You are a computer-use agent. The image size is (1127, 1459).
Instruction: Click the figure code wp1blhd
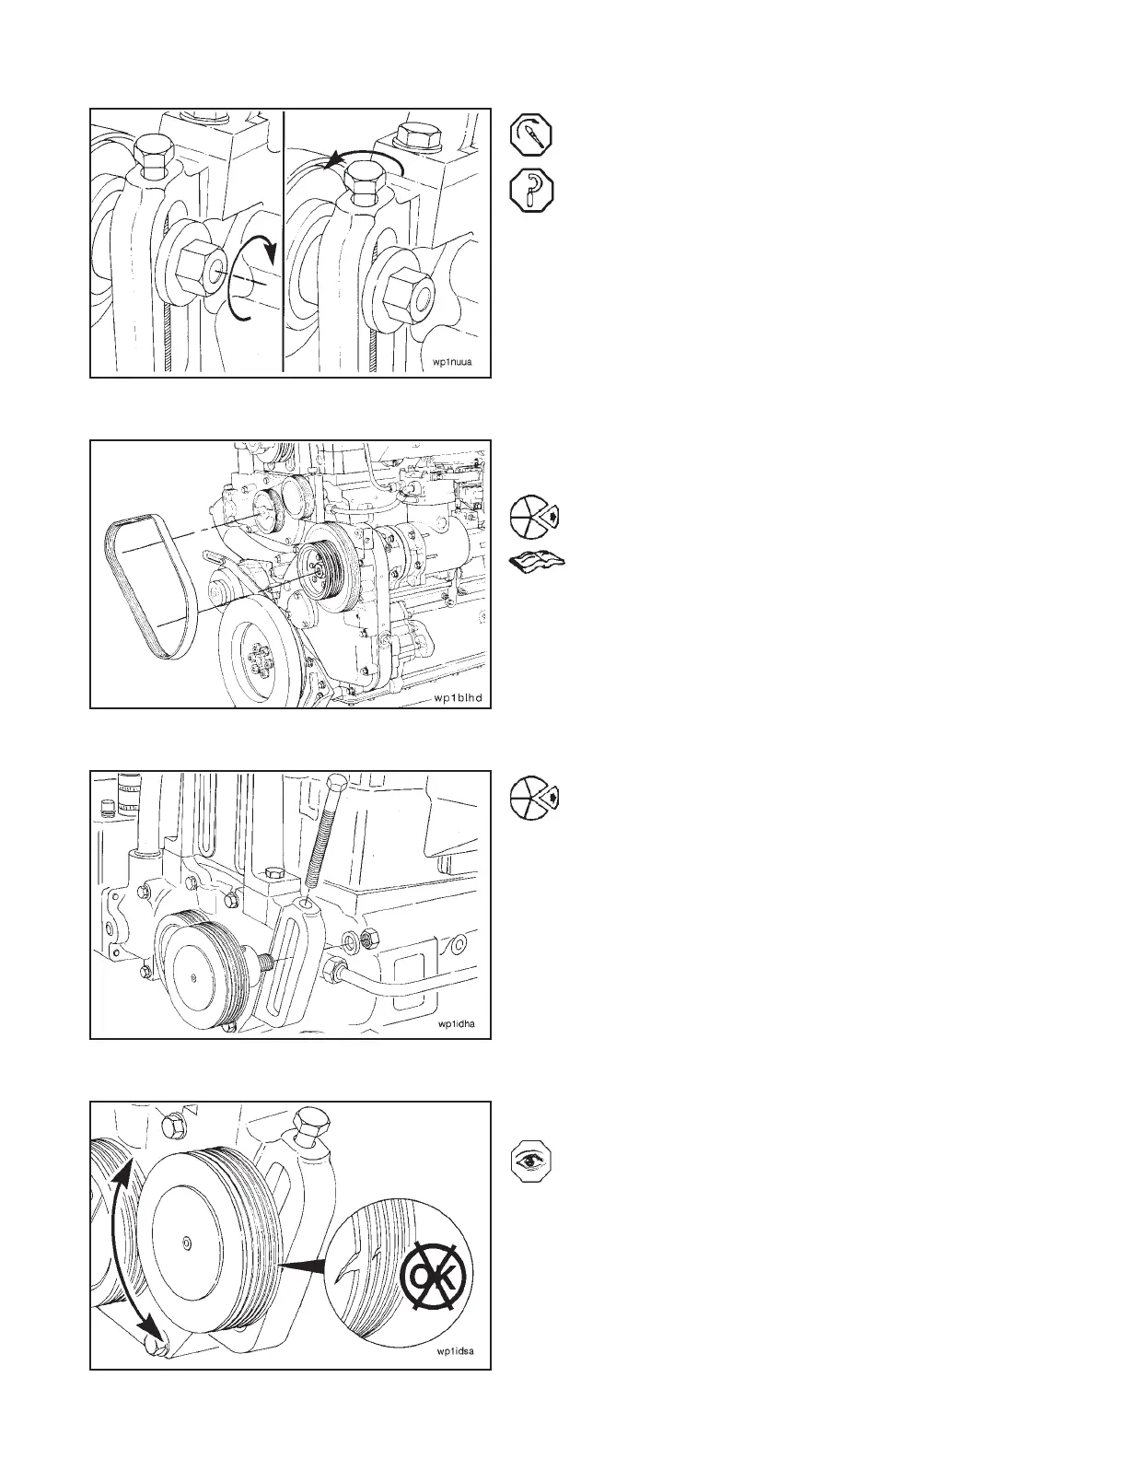(x=458, y=697)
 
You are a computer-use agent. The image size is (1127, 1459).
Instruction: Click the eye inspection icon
(x=531, y=1162)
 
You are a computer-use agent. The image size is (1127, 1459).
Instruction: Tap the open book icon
(x=538, y=562)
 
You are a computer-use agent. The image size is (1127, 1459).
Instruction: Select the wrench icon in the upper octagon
(x=531, y=134)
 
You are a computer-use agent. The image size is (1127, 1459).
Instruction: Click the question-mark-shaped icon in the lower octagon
(x=531, y=191)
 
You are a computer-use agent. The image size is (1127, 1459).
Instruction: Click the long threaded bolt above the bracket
(x=323, y=837)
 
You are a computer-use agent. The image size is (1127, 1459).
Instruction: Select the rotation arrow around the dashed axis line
(x=249, y=276)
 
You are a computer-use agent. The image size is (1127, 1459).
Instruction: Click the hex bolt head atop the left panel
(x=150, y=153)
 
